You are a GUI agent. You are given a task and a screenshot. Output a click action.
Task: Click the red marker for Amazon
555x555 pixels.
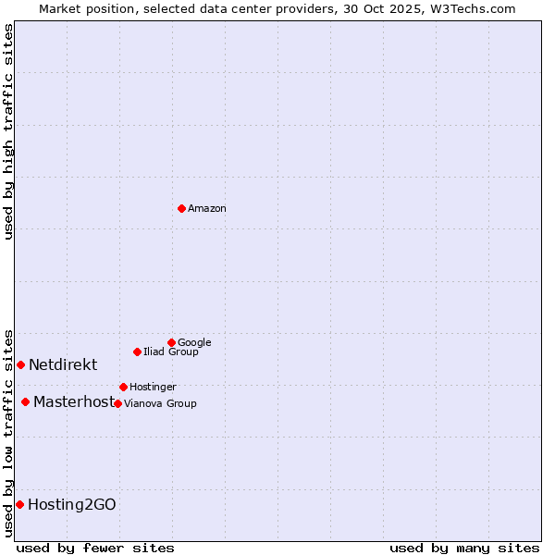181,208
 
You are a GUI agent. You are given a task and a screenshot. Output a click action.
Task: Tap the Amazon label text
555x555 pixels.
207,209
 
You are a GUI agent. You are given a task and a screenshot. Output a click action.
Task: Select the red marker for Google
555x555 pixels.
171,342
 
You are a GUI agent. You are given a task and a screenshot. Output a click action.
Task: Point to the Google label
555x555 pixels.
194,343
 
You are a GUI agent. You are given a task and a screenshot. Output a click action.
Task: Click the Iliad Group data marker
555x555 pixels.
137,351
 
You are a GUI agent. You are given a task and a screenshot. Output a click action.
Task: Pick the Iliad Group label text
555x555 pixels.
171,352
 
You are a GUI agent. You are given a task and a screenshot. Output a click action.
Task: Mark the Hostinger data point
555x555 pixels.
123,387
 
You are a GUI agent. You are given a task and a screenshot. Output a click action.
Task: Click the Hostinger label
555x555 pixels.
153,388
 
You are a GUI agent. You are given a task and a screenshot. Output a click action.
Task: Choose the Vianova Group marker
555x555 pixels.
117,403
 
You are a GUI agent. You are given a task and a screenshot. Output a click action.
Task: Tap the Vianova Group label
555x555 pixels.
160,404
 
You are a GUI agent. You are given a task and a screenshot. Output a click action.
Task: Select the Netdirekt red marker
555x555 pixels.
20,364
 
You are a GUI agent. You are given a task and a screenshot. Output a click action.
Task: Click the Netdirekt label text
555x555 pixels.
63,365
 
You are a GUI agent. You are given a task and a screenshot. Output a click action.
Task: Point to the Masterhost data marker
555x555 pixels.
25,401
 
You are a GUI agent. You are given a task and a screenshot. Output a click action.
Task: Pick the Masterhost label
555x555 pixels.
74,402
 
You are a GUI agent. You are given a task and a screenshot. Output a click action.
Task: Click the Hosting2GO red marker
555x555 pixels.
19,504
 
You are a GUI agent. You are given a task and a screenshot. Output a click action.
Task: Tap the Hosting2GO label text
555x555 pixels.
72,505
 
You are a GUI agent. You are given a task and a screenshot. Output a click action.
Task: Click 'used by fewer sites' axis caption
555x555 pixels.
95,549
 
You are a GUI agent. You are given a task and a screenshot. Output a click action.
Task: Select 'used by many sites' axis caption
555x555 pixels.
464,549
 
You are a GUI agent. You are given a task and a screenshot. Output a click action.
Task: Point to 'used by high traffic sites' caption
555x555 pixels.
8,131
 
